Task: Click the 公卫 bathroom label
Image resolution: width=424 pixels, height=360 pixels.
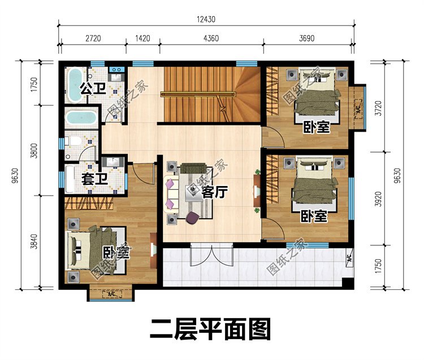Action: coord(93,89)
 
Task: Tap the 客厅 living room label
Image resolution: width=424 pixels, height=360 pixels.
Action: coord(215,193)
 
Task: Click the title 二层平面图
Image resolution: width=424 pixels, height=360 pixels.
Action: coord(210,329)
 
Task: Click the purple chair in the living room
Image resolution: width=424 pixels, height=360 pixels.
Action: coord(192,218)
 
